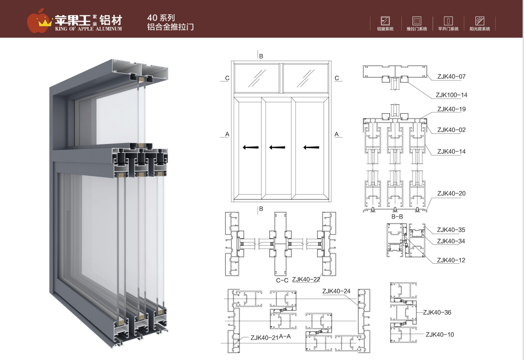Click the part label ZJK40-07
tap(451, 76)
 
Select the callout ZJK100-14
tap(451, 95)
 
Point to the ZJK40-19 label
tap(451, 109)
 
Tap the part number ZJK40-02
tap(451, 130)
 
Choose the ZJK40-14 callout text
tap(451, 151)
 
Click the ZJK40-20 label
tap(451, 193)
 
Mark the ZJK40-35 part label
tap(451, 230)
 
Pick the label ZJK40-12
tap(451, 260)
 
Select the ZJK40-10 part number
tap(439, 334)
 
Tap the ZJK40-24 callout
tap(337, 291)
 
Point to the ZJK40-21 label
tap(264, 338)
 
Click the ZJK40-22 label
tap(306, 279)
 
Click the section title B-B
tap(397, 216)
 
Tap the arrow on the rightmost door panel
tap(311, 148)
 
